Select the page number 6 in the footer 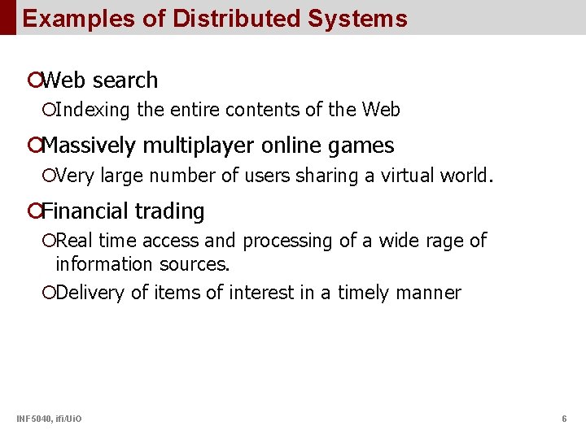click(564, 419)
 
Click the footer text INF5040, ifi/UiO click(48, 419)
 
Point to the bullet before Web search click(33, 80)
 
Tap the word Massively click(90, 146)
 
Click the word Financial click(84, 211)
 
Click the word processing click(282, 241)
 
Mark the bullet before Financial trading click(33, 211)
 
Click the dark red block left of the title click(7, 17)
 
